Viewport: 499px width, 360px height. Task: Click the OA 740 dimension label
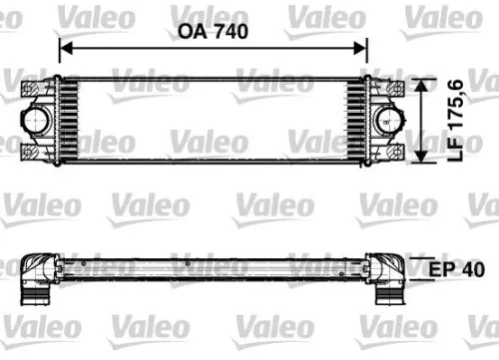coord(212,31)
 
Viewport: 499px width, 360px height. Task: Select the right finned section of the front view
coord(356,121)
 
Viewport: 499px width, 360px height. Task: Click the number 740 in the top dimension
coord(229,31)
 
